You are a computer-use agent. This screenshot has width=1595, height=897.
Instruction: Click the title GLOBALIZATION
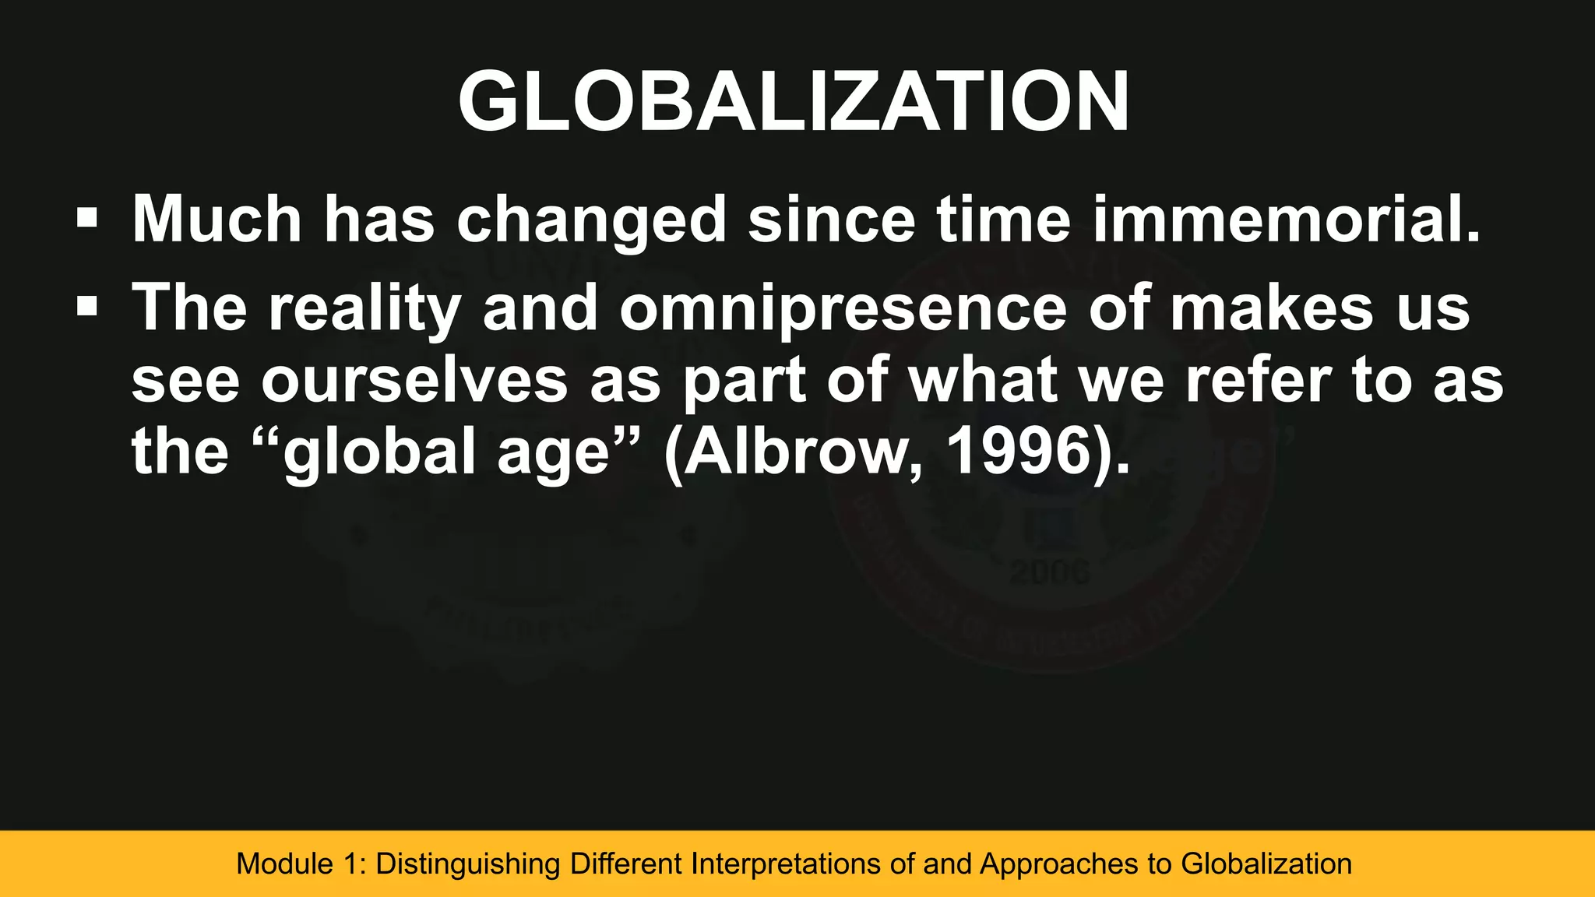point(793,102)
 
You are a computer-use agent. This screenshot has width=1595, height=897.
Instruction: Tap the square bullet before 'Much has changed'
point(87,218)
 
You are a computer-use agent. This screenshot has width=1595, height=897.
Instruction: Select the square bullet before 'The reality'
point(87,306)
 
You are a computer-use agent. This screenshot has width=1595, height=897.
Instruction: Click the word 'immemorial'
point(1285,219)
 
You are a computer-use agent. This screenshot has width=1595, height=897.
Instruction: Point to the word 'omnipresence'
point(843,309)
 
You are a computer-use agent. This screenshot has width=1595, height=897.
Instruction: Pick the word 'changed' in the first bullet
point(592,220)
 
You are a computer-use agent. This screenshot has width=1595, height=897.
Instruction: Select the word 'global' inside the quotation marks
point(380,452)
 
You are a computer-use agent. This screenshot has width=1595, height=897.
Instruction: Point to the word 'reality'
point(365,309)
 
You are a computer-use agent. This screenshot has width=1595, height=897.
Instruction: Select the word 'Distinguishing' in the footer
point(468,864)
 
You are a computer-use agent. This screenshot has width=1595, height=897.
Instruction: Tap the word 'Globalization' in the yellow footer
point(1266,864)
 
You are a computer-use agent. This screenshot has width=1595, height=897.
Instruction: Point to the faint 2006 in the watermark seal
point(1050,574)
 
